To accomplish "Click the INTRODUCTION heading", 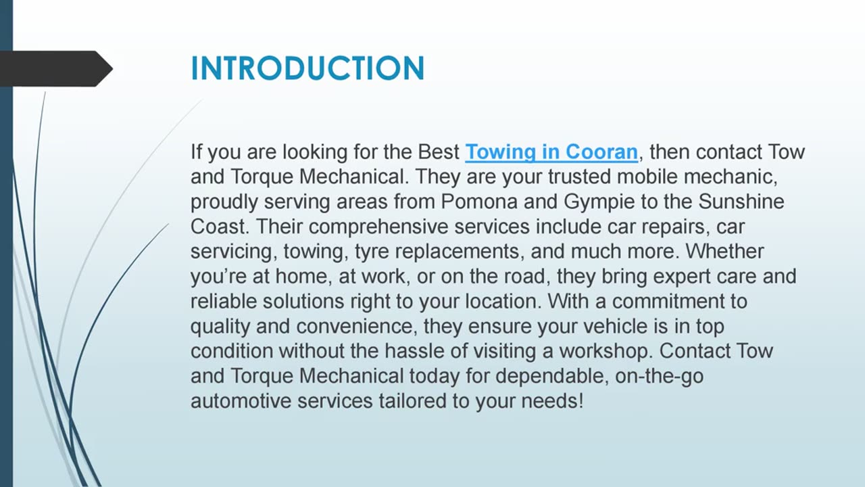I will pos(307,68).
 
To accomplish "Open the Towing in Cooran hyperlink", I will pos(551,152).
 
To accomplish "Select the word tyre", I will pos(372,252).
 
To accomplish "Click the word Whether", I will pos(724,252).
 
